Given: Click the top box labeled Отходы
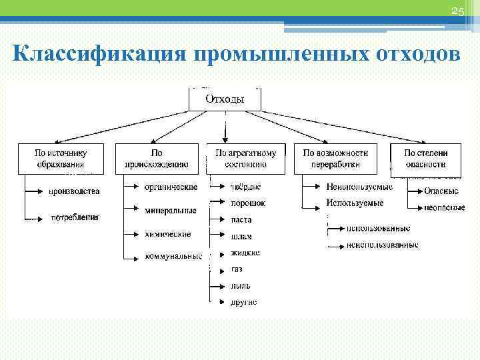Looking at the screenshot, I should (225, 99).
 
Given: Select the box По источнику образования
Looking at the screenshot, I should (61, 159).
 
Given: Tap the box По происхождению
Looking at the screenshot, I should (157, 159).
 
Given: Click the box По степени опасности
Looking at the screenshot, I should (425, 159).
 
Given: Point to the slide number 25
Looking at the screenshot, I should (457, 11).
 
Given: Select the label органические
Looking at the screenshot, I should (171, 187).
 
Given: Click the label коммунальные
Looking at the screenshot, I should (173, 256).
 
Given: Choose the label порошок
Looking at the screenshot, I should (248, 203).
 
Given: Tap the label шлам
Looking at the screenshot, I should (241, 237).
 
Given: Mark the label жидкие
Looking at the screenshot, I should (245, 253).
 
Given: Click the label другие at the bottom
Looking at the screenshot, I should (243, 302).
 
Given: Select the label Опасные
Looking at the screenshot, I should (441, 191).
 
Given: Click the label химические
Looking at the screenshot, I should (167, 234).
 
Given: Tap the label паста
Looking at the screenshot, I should (241, 220).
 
